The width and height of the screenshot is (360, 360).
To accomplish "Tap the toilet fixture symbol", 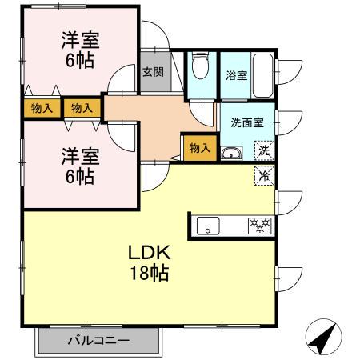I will coord(199,67).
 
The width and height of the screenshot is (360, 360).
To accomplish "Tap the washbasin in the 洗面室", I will coord(230,154).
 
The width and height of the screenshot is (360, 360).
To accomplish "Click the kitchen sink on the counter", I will coord(210,226).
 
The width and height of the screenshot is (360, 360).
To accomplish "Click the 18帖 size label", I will coord(149,273).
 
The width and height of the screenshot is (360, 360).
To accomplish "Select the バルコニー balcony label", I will coord(98,341).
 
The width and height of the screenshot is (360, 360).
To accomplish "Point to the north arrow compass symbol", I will coord(322,340).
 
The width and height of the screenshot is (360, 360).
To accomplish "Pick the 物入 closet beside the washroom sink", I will coord(199,147).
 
